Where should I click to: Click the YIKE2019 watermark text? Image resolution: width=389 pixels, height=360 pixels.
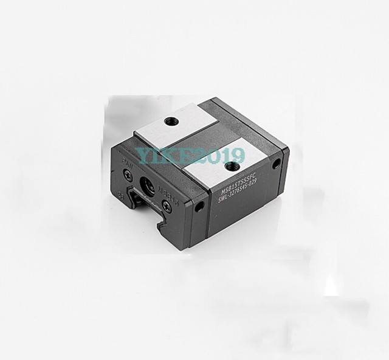click(190, 156)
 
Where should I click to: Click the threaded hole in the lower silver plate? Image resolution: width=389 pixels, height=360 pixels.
click(229, 165)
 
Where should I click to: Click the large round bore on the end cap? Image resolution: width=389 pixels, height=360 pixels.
click(148, 182)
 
